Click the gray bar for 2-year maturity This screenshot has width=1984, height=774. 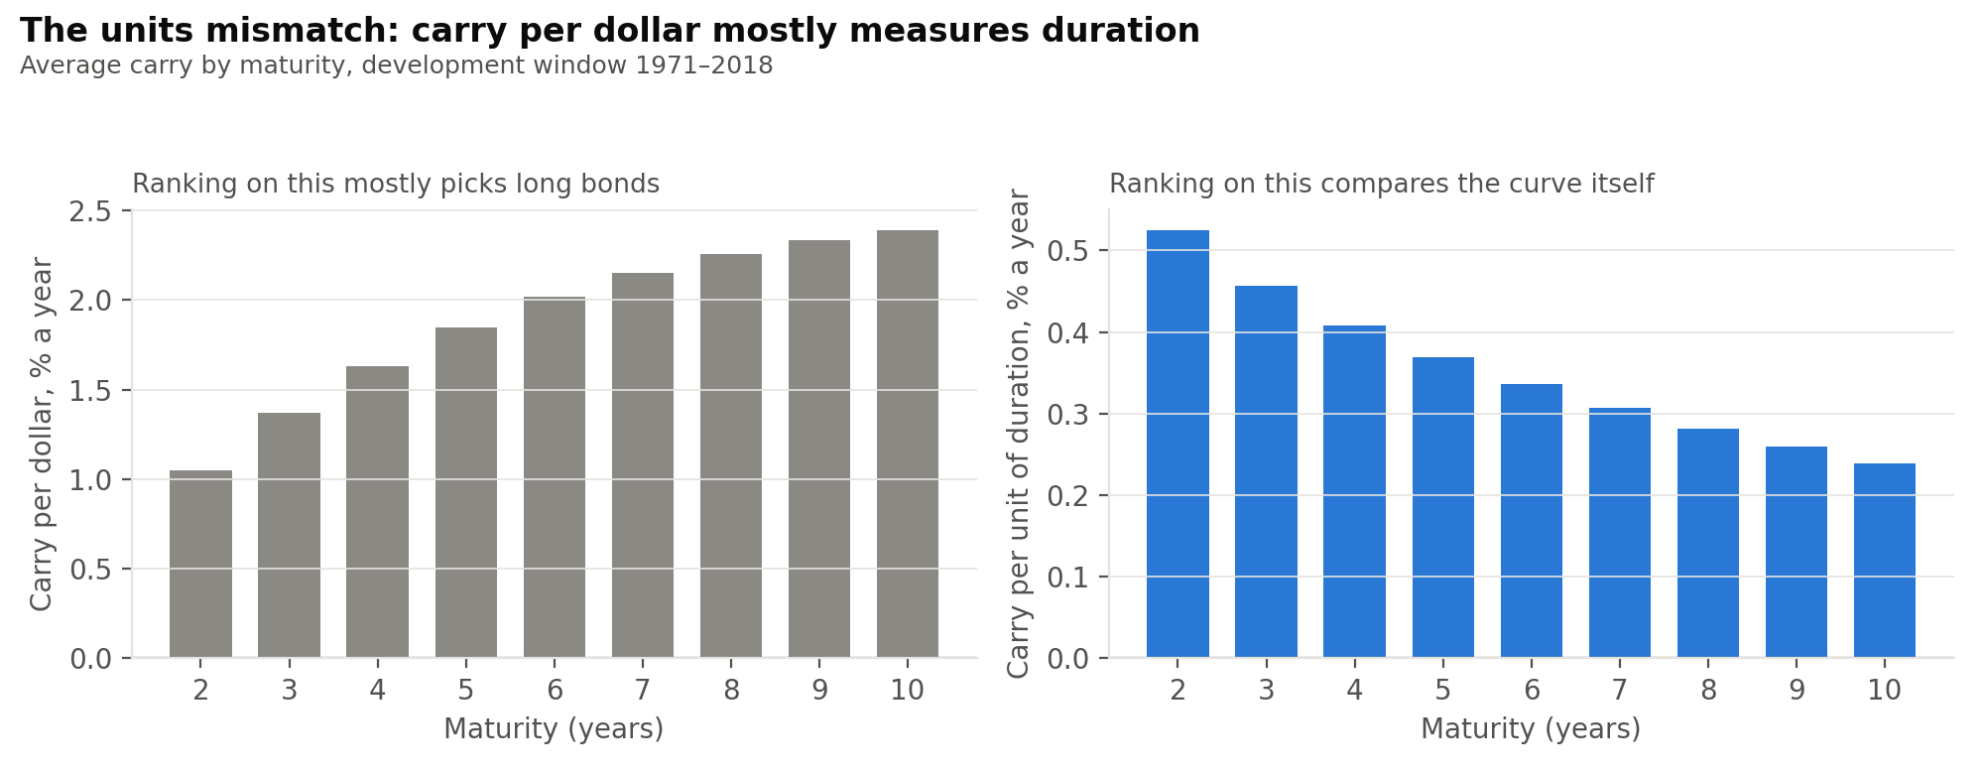(200, 564)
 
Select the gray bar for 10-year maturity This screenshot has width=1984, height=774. (908, 444)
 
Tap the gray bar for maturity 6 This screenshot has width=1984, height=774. (555, 477)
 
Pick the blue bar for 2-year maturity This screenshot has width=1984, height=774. (1178, 444)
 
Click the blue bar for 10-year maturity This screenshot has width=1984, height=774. (1885, 561)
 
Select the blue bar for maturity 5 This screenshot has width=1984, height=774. (1443, 507)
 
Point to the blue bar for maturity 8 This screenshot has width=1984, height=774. (1708, 543)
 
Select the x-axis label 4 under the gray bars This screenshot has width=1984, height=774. (377, 690)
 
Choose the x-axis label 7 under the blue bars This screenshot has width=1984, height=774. (1620, 690)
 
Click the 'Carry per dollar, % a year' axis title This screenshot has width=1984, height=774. (42, 434)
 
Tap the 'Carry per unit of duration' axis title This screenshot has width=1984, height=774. (1019, 434)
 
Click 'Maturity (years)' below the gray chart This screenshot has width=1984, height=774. (554, 729)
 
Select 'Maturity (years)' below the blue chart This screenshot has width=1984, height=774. (1531, 729)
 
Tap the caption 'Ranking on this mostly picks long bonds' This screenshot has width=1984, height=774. (396, 185)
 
